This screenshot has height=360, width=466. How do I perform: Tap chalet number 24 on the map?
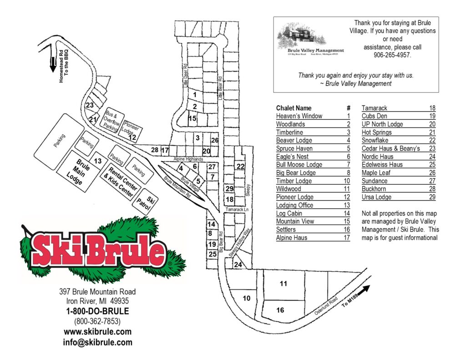click(237, 264)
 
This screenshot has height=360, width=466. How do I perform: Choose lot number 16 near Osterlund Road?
click(280, 310)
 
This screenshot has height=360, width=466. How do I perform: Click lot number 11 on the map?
click(284, 284)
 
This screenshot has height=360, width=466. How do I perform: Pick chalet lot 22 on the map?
click(240, 166)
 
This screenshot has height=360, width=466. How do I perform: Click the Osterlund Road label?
click(327, 308)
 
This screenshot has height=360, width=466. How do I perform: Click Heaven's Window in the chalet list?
click(299, 116)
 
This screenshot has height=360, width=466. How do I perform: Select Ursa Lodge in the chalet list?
click(376, 197)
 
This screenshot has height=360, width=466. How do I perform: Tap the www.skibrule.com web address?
click(97, 332)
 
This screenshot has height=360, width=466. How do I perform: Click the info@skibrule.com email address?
click(97, 343)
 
